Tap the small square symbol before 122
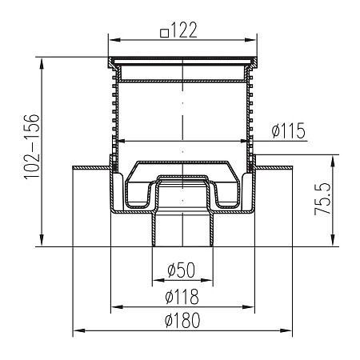tap(165, 34)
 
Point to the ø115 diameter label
tap(288, 130)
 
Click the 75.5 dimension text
tap(322, 199)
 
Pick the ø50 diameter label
tap(182, 270)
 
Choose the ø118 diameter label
tap(182, 296)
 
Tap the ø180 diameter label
tap(182, 320)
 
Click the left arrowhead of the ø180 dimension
tap(79, 330)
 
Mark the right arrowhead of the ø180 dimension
tap(286, 330)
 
